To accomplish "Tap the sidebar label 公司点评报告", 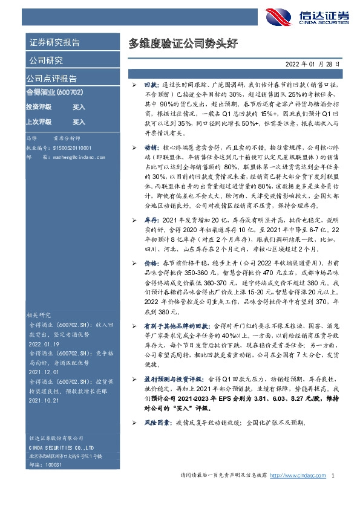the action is pos(51,79).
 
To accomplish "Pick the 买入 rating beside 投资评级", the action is pos(79,107).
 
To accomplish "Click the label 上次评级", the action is pos(39,122).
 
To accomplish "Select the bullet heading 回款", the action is pos(150,87).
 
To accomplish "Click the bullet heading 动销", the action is pos(150,147).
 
